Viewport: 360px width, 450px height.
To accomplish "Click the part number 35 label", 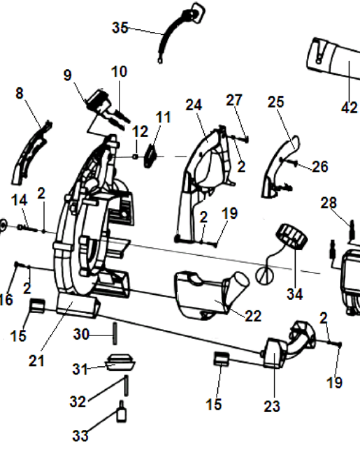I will coord(120,27).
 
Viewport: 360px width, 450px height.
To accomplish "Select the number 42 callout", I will coord(349,108).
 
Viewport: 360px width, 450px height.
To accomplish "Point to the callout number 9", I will coord(67,75).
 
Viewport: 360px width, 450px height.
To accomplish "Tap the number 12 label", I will coord(140,132).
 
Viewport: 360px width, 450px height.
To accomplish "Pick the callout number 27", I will coord(234,100).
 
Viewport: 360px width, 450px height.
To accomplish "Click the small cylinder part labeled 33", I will coord(121,413).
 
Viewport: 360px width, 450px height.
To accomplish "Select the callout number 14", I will coord(19,200).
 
